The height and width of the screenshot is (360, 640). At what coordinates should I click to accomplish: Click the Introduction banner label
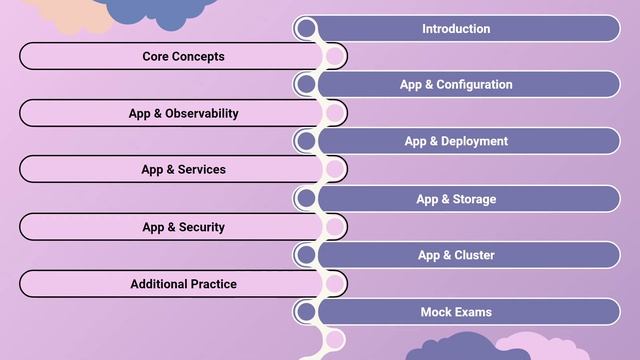456,29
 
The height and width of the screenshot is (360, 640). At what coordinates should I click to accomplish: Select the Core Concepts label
183,57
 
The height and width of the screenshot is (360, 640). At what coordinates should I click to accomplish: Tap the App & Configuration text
456,85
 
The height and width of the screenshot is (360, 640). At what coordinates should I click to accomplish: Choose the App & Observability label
183,114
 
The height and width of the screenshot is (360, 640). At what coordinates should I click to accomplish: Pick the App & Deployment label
456,142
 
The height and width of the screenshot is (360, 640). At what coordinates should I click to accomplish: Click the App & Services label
183,170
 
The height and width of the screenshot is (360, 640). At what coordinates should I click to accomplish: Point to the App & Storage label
456,199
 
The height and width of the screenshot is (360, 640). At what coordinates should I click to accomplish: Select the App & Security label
183,227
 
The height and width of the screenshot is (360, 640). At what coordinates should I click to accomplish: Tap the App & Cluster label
456,255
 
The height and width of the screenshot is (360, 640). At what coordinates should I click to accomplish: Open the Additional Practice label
183,284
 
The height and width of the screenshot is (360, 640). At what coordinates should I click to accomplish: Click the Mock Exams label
456,312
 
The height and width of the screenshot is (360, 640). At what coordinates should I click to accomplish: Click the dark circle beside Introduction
307,28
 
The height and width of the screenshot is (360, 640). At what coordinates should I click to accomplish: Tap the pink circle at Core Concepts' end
334,57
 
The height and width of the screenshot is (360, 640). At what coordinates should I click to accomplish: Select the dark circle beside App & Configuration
307,85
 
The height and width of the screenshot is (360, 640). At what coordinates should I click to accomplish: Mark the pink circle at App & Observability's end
334,113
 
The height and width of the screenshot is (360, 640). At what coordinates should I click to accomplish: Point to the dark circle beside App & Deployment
307,141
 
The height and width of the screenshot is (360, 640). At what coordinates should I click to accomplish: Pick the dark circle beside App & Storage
307,198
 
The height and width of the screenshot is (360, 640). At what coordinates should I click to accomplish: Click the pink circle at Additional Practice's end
334,284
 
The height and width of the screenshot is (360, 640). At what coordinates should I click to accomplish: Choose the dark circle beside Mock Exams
307,312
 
